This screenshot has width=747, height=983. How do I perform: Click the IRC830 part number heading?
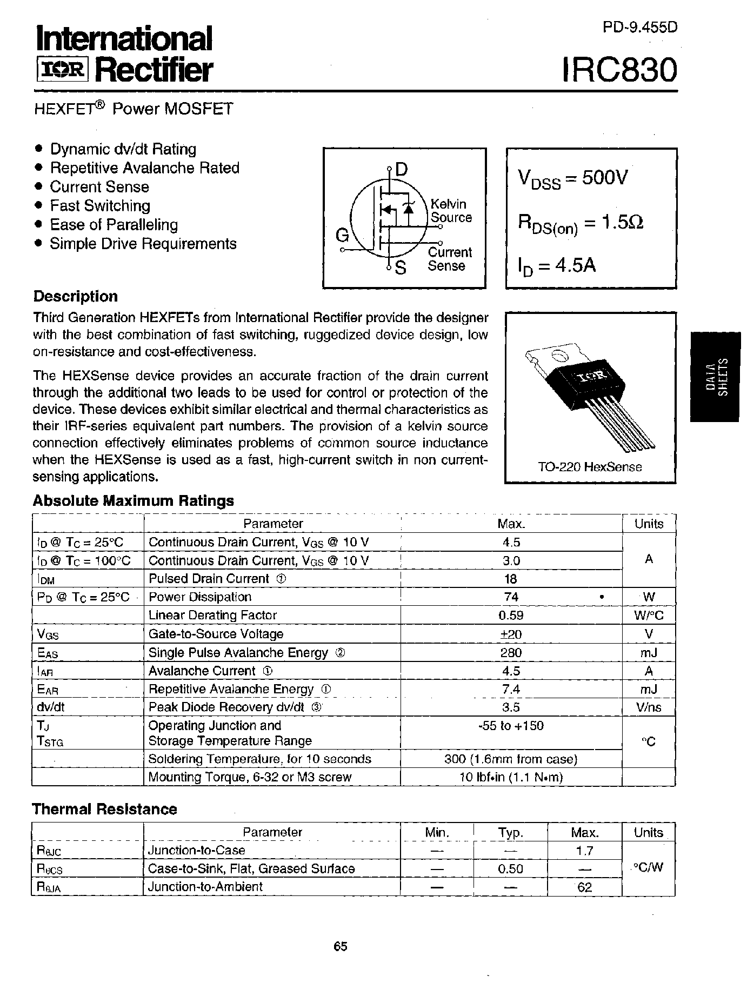(x=619, y=70)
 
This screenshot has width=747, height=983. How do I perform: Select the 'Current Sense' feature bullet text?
(x=99, y=187)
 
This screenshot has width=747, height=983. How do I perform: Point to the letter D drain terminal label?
(x=401, y=170)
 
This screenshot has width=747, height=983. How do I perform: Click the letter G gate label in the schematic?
(x=342, y=235)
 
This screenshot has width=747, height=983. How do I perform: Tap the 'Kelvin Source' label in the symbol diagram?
(x=450, y=211)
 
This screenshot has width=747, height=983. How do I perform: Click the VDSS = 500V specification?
(x=572, y=178)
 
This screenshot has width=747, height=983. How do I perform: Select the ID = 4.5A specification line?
(x=557, y=266)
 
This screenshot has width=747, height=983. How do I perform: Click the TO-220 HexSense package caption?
(x=590, y=467)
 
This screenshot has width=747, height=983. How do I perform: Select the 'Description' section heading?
(x=75, y=296)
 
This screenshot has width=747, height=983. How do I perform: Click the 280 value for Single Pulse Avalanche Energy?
(x=511, y=653)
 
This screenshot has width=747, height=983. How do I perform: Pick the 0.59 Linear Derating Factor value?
(x=511, y=616)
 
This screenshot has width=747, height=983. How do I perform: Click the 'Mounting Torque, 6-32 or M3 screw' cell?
(x=250, y=777)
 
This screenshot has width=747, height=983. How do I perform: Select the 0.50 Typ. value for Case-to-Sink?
(x=510, y=868)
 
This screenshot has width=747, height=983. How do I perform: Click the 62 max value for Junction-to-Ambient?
(x=584, y=887)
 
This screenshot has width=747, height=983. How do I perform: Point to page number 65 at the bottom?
(x=341, y=946)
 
